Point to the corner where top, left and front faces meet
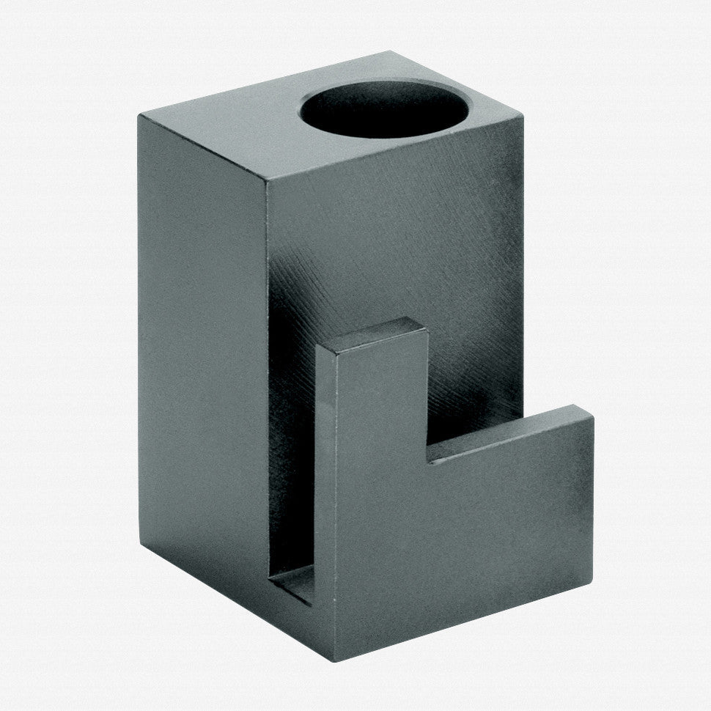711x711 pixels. point(268,181)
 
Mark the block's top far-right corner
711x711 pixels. point(522,115)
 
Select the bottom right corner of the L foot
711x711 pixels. point(591,583)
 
